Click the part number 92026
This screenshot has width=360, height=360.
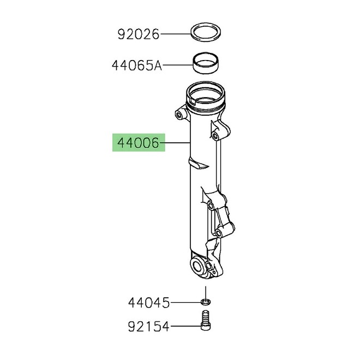[138, 35]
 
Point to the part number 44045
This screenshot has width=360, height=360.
[149, 302]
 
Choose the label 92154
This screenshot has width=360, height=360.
[149, 327]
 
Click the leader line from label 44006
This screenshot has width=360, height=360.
[176, 144]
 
